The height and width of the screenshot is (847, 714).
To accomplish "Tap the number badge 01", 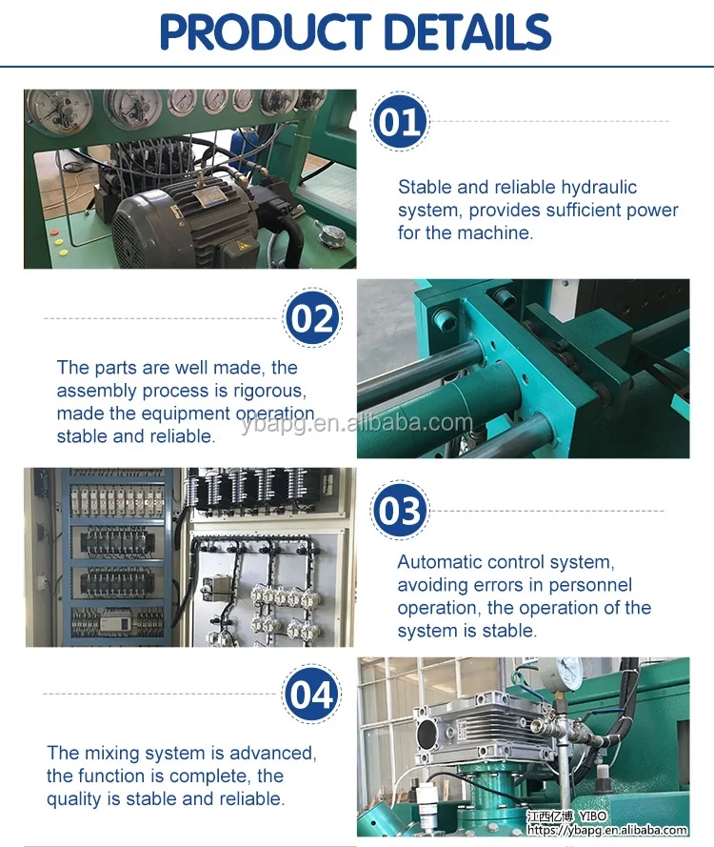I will point(400,124).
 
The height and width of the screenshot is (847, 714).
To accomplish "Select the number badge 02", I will point(312,318).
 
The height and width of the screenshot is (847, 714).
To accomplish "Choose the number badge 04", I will point(312,695).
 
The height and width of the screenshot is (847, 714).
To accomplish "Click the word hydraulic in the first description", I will point(599,187).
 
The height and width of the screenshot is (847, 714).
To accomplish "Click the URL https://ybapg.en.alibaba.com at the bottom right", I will point(610,831).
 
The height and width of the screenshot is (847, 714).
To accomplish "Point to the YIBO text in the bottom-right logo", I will point(594,817).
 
